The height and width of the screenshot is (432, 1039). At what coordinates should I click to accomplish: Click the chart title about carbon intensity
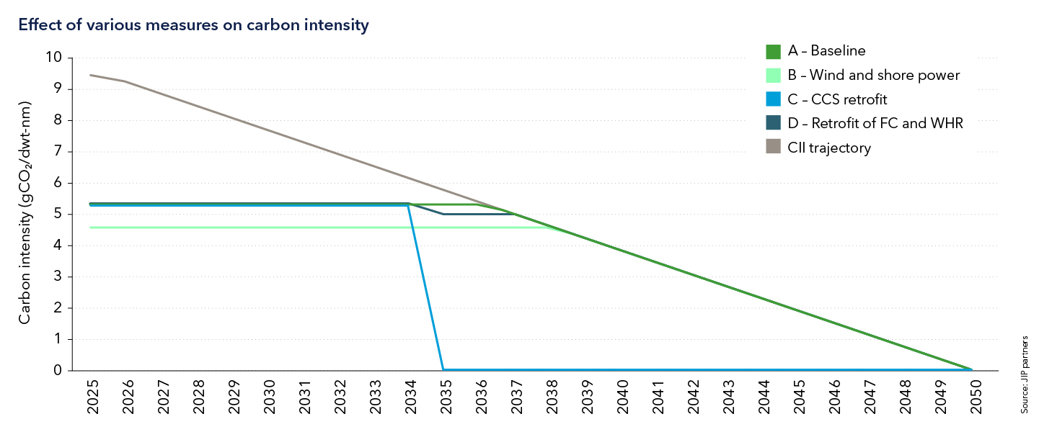pos(193,25)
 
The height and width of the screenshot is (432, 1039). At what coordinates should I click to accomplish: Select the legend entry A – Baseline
pos(826,51)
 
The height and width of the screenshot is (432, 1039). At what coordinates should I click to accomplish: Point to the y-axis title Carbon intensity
pos(25,213)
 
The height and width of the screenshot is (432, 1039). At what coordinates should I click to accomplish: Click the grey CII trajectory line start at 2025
pos(91,75)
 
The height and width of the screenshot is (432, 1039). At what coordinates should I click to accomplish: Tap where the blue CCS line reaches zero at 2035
pos(443,370)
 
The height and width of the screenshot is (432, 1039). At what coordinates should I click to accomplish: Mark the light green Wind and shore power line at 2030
pos(268,228)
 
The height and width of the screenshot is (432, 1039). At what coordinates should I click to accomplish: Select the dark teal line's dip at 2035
pos(443,214)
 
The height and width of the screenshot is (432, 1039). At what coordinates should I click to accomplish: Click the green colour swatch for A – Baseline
pos(773,51)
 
